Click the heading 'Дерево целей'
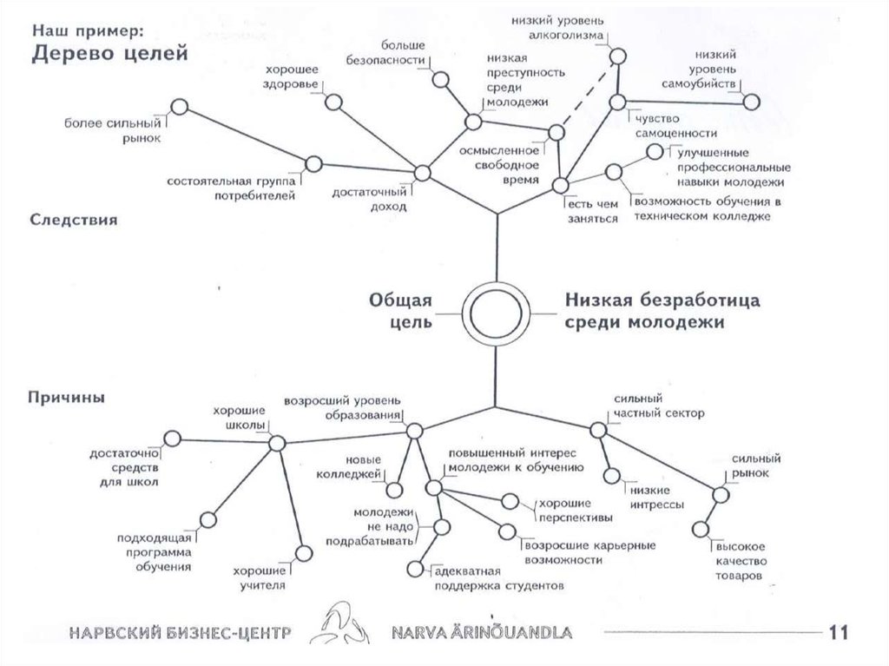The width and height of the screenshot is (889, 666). pyautogui.click(x=110, y=54)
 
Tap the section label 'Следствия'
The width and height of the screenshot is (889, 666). pyautogui.click(x=75, y=221)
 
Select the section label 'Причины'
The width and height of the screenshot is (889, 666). pyautogui.click(x=68, y=398)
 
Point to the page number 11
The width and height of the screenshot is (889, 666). pyautogui.click(x=839, y=632)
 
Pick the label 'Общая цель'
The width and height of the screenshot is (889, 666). pyautogui.click(x=401, y=311)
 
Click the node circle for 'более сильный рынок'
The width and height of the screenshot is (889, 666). pyautogui.click(x=180, y=106)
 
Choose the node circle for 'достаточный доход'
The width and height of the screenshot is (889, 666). pyautogui.click(x=423, y=173)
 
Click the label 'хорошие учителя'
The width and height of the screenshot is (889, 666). pyautogui.click(x=259, y=577)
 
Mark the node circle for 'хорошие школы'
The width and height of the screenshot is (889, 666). pyautogui.click(x=277, y=443)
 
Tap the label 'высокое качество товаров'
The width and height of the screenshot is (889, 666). pyautogui.click(x=740, y=562)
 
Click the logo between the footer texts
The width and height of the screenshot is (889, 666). pyautogui.click(x=339, y=626)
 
